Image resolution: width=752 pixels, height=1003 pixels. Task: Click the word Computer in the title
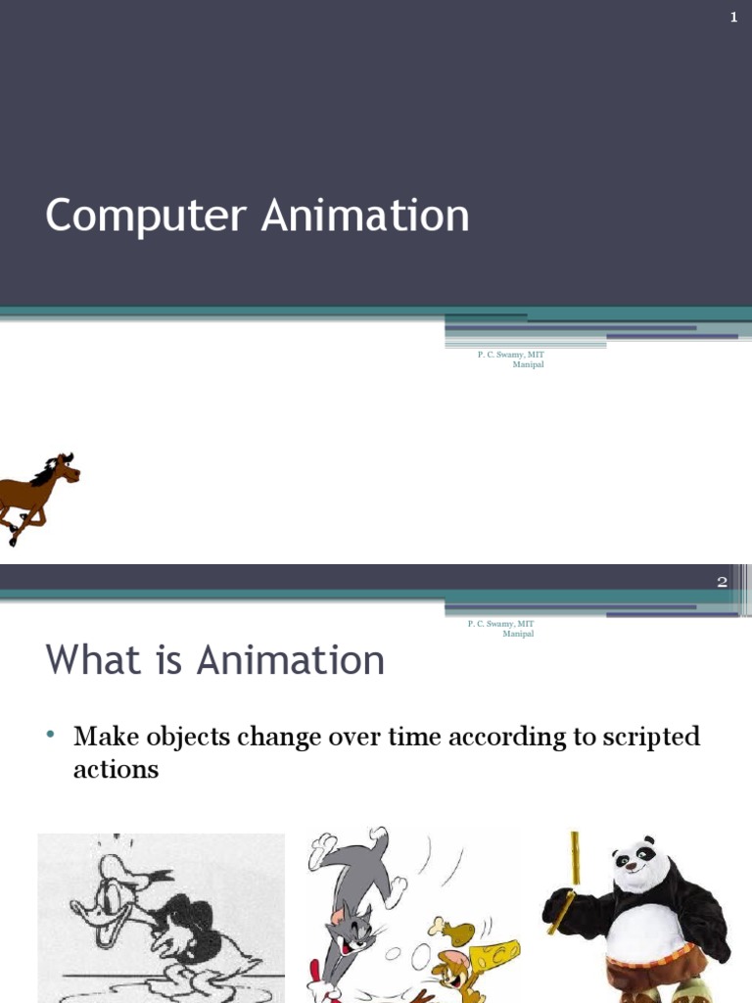point(146,216)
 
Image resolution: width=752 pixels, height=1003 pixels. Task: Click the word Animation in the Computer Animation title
point(365,215)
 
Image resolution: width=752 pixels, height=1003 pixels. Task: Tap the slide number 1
point(734,18)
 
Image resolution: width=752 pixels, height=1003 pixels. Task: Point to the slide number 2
point(722,582)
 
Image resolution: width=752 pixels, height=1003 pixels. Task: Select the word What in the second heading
point(93,659)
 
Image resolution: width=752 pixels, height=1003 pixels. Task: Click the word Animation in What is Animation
point(290,659)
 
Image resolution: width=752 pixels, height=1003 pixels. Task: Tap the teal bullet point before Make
point(51,734)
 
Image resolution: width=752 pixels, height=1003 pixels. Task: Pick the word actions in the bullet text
point(116,769)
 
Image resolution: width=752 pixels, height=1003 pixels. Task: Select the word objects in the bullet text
point(188,737)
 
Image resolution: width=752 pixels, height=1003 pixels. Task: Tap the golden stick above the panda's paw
point(575,857)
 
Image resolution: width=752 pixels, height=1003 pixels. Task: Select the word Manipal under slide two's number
point(518,634)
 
